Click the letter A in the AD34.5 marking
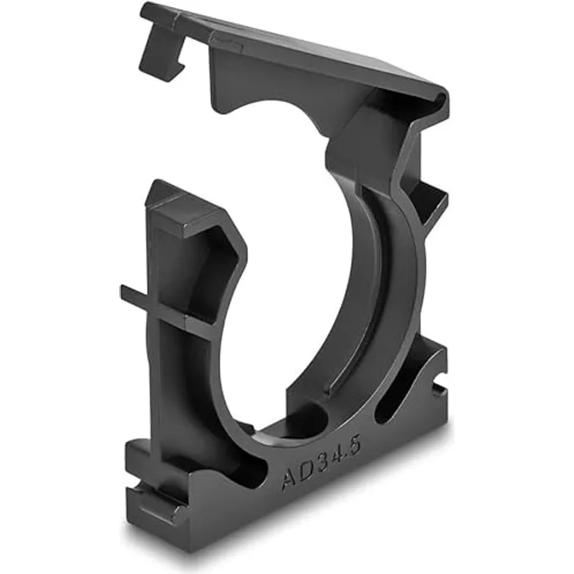[289, 477]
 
